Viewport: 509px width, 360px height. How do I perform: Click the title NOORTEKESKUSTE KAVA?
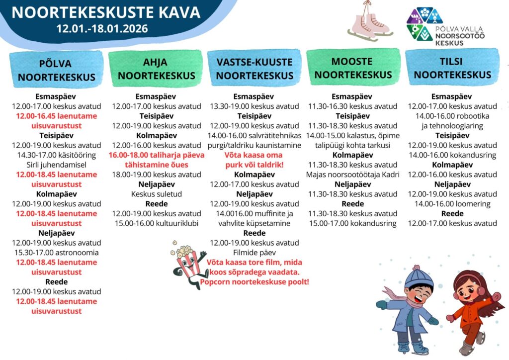point(106,11)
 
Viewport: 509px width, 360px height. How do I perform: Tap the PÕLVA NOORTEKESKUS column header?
point(56,70)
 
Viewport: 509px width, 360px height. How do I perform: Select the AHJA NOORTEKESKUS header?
point(155,69)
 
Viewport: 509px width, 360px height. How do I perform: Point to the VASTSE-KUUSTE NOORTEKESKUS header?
point(254,69)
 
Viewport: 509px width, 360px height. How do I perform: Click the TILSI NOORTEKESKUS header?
point(452,68)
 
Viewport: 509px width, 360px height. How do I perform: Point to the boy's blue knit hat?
point(419,276)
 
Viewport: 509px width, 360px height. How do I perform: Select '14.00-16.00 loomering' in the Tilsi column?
point(452,204)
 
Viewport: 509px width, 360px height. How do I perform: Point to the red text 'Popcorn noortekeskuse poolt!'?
point(254,282)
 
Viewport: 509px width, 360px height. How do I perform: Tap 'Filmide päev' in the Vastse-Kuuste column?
point(254,253)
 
